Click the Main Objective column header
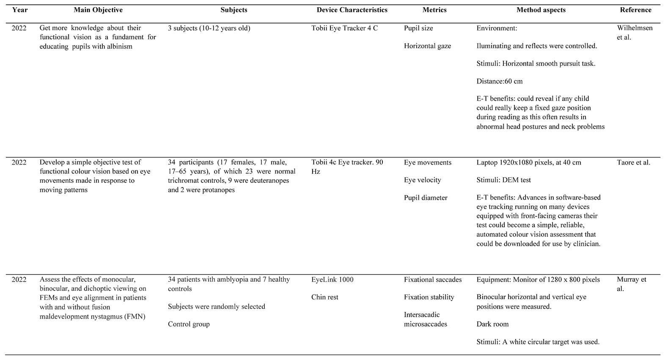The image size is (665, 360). pyautogui.click(x=98, y=10)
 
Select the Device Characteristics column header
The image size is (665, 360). pyautogui.click(x=352, y=10)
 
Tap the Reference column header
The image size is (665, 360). pyautogui.click(x=635, y=10)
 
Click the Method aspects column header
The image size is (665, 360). pyautogui.click(x=541, y=10)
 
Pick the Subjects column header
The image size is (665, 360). pyautogui.click(x=234, y=10)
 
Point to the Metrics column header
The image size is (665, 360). pyautogui.click(x=434, y=10)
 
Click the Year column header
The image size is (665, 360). pyautogui.click(x=20, y=10)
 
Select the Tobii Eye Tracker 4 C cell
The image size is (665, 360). pyautogui.click(x=344, y=28)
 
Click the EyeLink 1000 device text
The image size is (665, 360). pyautogui.click(x=332, y=280)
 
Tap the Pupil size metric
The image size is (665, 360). pyautogui.click(x=418, y=28)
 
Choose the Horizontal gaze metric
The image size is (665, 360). pyautogui.click(x=427, y=46)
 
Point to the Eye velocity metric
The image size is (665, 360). pyautogui.click(x=422, y=180)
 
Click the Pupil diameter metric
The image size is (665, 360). pyautogui.click(x=426, y=198)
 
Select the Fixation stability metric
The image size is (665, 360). pyautogui.click(x=429, y=297)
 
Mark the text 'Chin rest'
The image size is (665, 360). pyautogui.click(x=325, y=297)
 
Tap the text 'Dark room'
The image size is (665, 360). pyautogui.click(x=492, y=324)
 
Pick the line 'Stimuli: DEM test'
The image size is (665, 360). pyautogui.click(x=503, y=180)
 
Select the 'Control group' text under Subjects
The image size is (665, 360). pyautogui.click(x=189, y=324)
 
